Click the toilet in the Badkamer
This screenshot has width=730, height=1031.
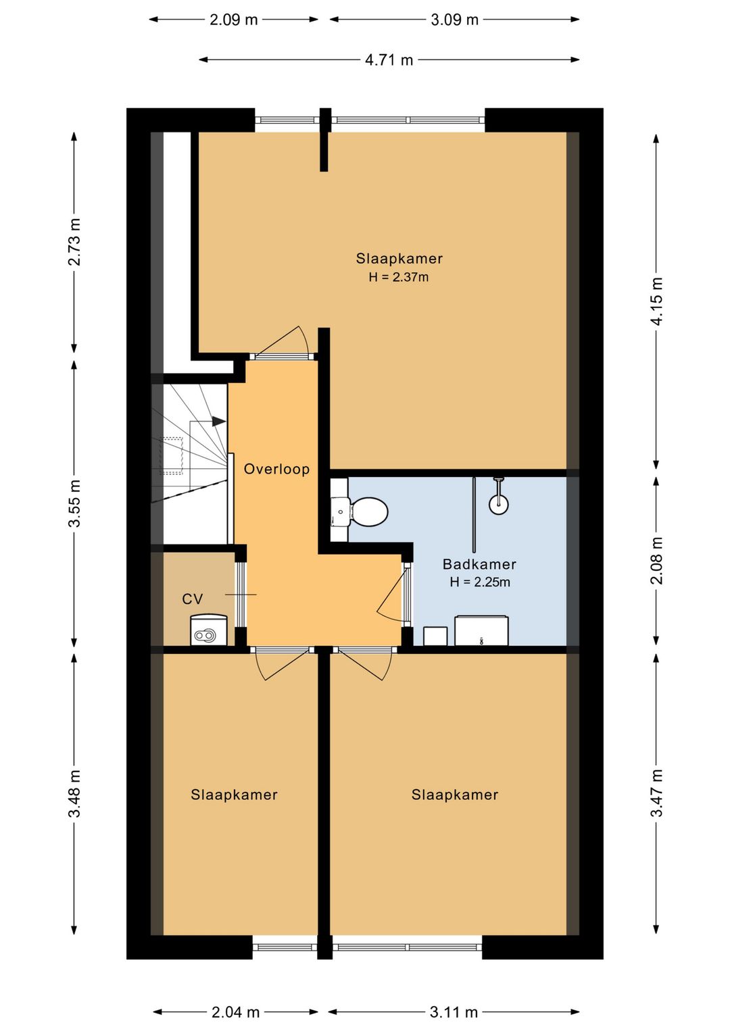(x=368, y=511)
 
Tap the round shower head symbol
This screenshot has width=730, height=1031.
(x=499, y=504)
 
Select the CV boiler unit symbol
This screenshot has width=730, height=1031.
(x=209, y=630)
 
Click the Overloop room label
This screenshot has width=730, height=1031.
(x=276, y=469)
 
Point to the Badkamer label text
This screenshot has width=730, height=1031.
(x=479, y=564)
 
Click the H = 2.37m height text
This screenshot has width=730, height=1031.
(x=399, y=277)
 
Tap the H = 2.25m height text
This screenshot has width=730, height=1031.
(x=480, y=582)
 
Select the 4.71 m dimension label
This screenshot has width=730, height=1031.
(x=389, y=60)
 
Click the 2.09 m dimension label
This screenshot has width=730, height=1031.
(x=233, y=20)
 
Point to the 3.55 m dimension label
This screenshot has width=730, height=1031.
(x=74, y=503)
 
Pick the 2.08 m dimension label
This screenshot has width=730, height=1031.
(x=656, y=561)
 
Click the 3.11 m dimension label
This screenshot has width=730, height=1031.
(x=454, y=1012)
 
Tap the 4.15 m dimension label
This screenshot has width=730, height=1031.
(x=656, y=301)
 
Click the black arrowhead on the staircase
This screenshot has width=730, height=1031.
(x=219, y=421)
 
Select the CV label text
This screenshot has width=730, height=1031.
(x=193, y=599)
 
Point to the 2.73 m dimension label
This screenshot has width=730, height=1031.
(x=74, y=242)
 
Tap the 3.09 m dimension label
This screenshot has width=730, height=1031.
(x=455, y=20)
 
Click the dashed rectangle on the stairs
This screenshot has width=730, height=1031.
(x=171, y=455)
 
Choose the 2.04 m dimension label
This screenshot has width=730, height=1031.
(x=236, y=1012)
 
